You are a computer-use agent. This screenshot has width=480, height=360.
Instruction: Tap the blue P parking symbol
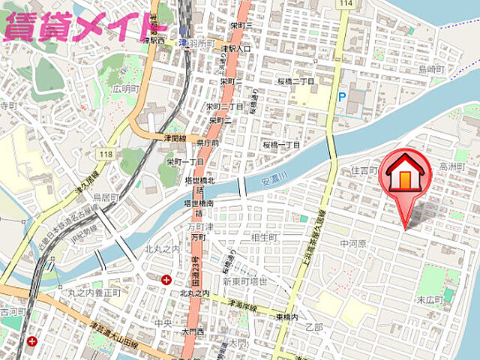pyautogui.click(x=343, y=97)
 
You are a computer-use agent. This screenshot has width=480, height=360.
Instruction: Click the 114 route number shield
pyautogui.click(x=346, y=4)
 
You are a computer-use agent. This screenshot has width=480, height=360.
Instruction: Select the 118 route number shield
pyautogui.click(x=104, y=154)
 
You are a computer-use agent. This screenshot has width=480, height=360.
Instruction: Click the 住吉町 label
pyautogui.click(x=364, y=171)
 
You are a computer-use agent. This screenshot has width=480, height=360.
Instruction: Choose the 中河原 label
pyautogui.click(x=352, y=244)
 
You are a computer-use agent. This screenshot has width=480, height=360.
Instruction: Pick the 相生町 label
pyautogui.click(x=265, y=237)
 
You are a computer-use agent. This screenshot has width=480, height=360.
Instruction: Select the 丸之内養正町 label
pyautogui.click(x=94, y=293)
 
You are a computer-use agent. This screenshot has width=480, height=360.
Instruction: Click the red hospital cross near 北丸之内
pyautogui.click(x=166, y=280)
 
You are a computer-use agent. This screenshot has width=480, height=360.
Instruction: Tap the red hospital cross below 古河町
pyautogui.click(x=32, y=341)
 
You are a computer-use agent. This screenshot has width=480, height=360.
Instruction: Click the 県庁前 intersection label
pyautogui.click(x=208, y=142)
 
